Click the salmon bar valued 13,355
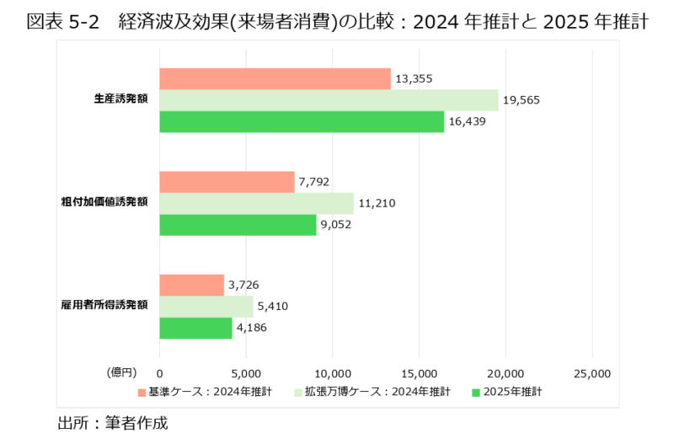275,78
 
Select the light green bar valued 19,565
329,100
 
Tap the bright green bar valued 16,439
302,122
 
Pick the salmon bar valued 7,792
227,182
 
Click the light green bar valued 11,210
256,203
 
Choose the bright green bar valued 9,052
238,225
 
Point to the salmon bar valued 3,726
191,285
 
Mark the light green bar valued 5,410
206,306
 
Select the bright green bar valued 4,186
195,328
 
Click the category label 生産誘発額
121,99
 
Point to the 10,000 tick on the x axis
332,372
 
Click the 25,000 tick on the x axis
591,372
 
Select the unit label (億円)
120,372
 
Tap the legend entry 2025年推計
511,392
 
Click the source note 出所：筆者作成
113,421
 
